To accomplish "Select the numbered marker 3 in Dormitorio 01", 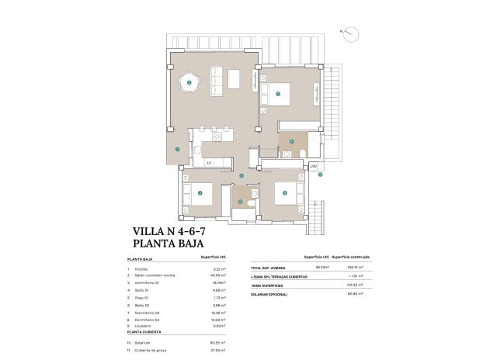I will pyautogui.click(x=278, y=95).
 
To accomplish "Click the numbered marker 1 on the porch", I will pyautogui.click(x=178, y=149).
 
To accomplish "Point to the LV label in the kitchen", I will pyautogui.click(x=210, y=161).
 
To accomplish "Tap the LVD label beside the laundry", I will pyautogui.click(x=313, y=166).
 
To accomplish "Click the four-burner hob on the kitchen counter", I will pyautogui.click(x=217, y=137).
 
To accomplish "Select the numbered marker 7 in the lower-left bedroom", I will pyautogui.click(x=200, y=192).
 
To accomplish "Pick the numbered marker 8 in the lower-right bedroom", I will pyautogui.click(x=285, y=192).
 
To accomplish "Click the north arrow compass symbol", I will pyautogui.click(x=352, y=33).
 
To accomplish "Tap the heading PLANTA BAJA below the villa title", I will pyautogui.click(x=162, y=244).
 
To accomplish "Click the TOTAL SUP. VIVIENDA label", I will pyautogui.click(x=268, y=268).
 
